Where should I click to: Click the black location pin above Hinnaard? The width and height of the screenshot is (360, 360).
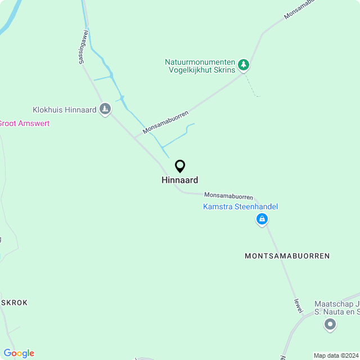(180, 166)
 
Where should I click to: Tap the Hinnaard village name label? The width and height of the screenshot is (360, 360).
(180, 181)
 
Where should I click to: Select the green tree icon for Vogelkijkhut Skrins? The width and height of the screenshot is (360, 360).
(243, 65)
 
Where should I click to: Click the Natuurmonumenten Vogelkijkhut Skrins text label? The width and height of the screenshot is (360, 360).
(200, 66)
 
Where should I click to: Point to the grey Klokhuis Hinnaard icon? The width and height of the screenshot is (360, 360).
(105, 108)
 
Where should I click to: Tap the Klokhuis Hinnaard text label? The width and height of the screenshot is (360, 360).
(64, 110)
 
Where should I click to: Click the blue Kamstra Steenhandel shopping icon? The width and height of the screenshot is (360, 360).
(262, 219)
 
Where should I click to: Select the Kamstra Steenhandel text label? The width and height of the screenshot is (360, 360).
(240, 207)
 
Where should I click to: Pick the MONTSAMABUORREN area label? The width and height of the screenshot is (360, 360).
(287, 256)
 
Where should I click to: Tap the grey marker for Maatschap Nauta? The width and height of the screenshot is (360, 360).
(330, 324)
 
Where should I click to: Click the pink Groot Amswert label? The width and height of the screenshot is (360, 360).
(24, 123)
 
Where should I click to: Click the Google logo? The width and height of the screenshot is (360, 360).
(19, 353)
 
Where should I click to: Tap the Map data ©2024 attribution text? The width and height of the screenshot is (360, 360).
(336, 355)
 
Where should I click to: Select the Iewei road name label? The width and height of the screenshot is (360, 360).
(298, 305)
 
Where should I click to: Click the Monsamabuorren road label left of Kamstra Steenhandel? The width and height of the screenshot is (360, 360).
(228, 196)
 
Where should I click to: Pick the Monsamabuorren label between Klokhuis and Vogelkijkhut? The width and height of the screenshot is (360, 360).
(165, 122)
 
